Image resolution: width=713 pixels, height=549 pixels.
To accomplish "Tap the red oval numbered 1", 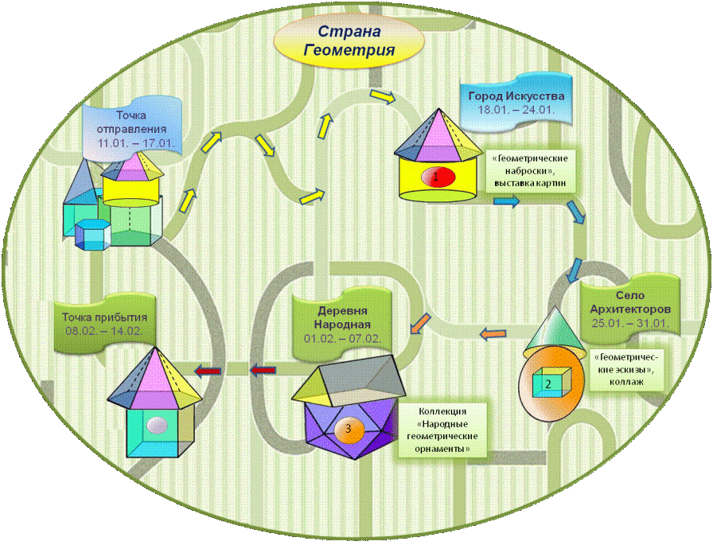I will click(436, 177).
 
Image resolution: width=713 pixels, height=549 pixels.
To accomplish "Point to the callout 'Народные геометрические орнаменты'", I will click(442, 430).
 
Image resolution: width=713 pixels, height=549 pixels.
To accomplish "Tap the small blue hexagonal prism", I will click(92, 236).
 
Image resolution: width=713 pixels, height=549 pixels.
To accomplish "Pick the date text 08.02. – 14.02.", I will click(104, 330).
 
